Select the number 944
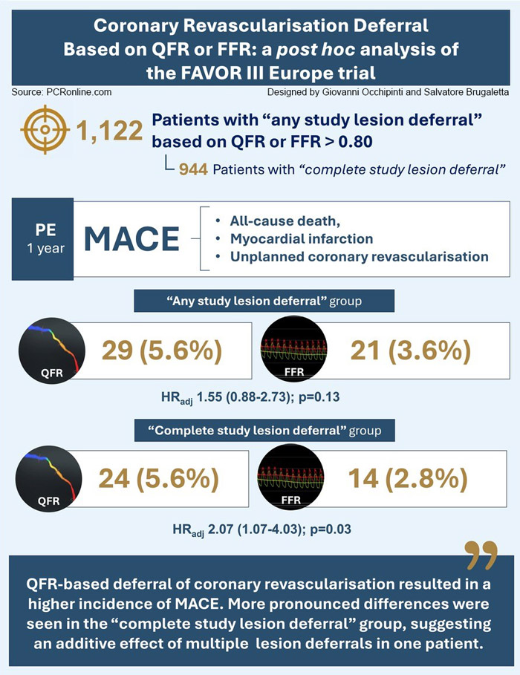click(192, 169)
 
